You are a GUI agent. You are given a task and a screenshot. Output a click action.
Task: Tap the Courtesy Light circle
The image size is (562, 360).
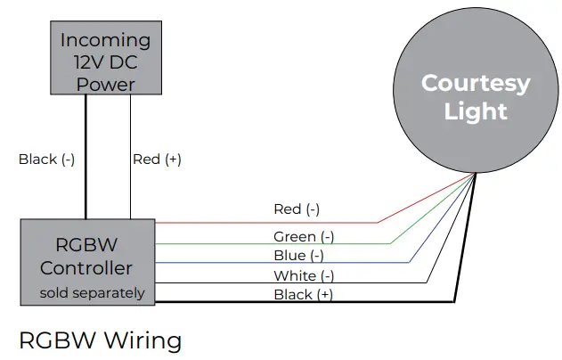pyautogui.click(x=476, y=97)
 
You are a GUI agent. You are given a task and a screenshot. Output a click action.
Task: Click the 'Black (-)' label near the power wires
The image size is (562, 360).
pyautogui.click(x=46, y=160)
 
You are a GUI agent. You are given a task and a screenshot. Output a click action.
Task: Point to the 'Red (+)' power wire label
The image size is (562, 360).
pyautogui.click(x=157, y=160)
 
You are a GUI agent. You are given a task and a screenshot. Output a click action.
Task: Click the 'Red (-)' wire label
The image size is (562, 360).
pyautogui.click(x=296, y=209)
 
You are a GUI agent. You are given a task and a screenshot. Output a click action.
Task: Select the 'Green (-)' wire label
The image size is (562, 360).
pyautogui.click(x=304, y=236)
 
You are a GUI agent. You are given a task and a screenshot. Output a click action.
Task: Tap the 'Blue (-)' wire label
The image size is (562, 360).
pyautogui.click(x=298, y=256)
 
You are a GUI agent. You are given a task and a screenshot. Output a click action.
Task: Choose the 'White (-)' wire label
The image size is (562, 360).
pyautogui.click(x=304, y=275)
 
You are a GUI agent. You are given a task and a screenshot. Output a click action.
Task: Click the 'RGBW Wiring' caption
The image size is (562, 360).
pyautogui.click(x=100, y=340)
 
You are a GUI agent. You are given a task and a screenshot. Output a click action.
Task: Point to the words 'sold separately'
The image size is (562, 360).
pyautogui.click(x=92, y=292)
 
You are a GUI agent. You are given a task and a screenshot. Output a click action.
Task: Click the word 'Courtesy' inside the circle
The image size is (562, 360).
pyautogui.click(x=476, y=84)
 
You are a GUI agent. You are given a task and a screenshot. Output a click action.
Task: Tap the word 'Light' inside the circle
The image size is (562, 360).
pyautogui.click(x=476, y=112)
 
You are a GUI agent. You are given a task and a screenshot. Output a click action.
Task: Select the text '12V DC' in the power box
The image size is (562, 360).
pyautogui.click(x=105, y=62)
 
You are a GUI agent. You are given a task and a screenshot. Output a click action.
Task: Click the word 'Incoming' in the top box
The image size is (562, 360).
pyautogui.click(x=105, y=40)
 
